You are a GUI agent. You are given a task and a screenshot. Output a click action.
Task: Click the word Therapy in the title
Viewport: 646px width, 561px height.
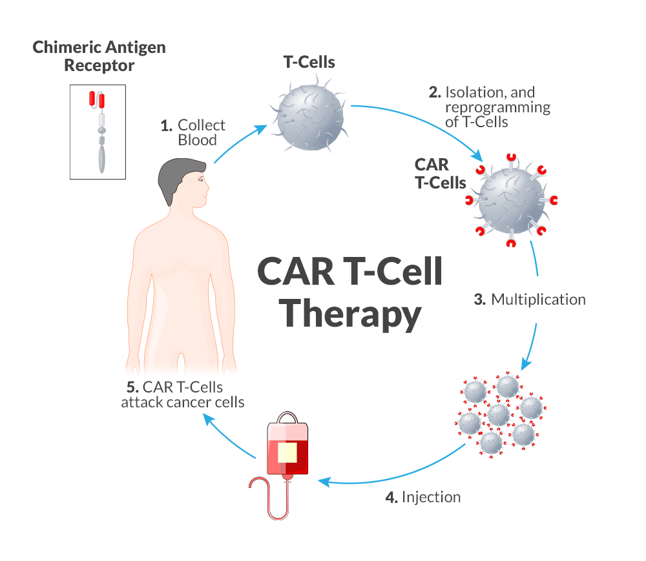click(x=353, y=314)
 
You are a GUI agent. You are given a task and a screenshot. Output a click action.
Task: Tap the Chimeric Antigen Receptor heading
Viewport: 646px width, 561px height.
click(x=99, y=56)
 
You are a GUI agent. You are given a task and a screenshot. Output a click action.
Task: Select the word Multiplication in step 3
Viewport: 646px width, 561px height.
click(x=538, y=300)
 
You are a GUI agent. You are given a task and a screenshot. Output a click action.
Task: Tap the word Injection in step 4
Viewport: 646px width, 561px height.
click(x=431, y=497)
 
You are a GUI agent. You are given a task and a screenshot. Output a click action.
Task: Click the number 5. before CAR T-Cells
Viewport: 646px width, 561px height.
click(x=132, y=387)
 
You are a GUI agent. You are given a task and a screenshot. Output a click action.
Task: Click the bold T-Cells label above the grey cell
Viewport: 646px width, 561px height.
click(x=309, y=63)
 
